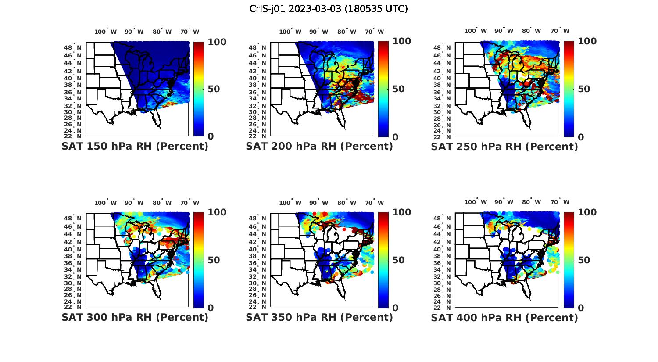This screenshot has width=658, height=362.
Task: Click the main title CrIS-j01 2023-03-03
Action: coord(329,9)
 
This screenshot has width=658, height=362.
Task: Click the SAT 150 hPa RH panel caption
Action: coord(135,147)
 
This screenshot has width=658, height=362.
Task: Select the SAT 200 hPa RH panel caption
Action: coord(319,147)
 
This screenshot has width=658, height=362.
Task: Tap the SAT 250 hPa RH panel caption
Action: coord(504,147)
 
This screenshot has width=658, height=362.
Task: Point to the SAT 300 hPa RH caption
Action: coord(135,317)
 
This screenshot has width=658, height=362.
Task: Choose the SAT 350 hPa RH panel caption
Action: coord(319,317)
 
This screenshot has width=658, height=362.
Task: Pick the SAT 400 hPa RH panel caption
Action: coord(504,317)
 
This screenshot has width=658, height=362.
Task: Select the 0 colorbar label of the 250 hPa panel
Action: coord(581,137)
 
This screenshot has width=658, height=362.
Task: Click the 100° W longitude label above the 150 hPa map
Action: coord(105,32)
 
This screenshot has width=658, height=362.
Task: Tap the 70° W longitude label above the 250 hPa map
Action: coord(560,31)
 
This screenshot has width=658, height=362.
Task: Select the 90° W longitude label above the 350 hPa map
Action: coord(318,203)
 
